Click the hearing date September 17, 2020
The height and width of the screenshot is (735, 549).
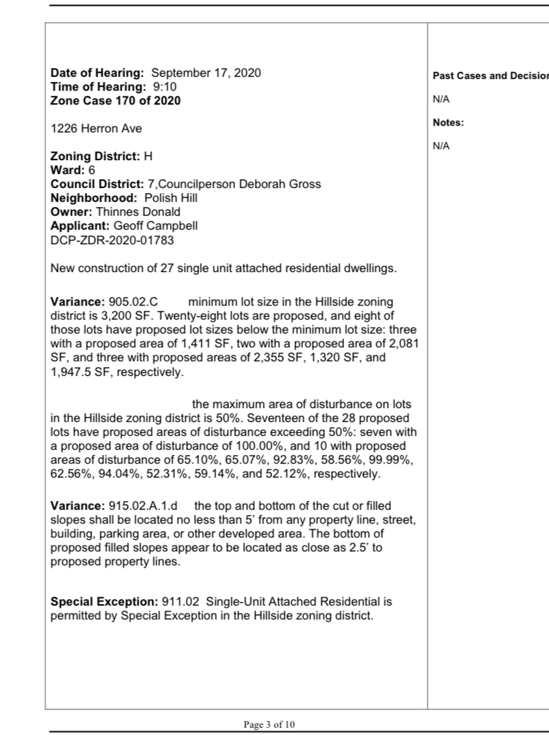tap(206, 73)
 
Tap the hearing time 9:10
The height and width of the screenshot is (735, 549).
tap(163, 87)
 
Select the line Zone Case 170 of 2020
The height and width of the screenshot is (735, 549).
tap(115, 101)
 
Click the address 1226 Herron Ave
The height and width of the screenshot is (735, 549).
tap(96, 129)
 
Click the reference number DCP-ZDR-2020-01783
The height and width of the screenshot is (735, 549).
tap(112, 240)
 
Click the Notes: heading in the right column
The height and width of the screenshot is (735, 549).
tap(448, 123)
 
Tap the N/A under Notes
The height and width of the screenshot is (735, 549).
tap(441, 146)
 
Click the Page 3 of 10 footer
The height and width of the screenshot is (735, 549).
tap(270, 725)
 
